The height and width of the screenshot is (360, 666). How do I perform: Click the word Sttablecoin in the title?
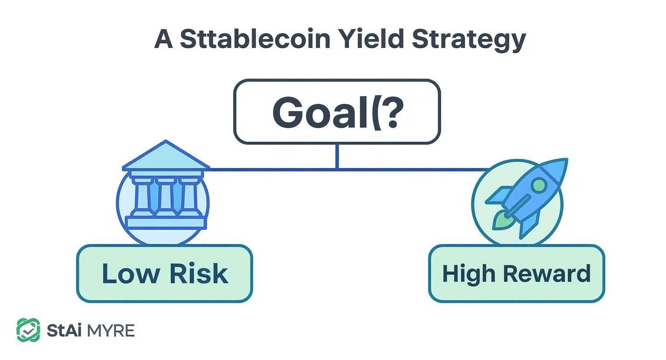pos(255,39)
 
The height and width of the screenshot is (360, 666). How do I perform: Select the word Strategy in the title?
pos(468,39)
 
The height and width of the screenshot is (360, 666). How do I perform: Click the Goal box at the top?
pos(336,112)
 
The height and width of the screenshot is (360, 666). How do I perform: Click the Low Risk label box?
pos(164,273)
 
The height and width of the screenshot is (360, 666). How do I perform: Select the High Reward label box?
pos(516,273)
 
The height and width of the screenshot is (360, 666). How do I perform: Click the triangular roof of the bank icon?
pos(166,157)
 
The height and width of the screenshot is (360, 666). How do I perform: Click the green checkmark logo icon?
pos(28,330)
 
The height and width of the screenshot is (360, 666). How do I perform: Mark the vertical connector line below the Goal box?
pos(337,156)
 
